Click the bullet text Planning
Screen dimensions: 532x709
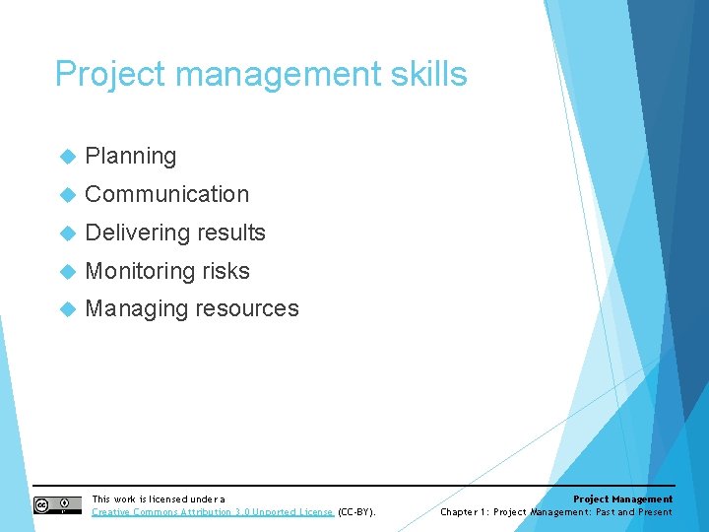coord(131,156)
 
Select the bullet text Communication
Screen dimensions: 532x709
coord(167,194)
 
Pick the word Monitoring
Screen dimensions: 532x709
coord(140,271)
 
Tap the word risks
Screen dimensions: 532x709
coord(226,271)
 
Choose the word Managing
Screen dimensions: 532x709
coord(136,308)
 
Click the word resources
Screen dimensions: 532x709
coord(246,308)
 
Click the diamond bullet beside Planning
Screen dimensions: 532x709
coord(67,157)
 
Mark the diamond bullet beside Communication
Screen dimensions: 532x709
coord(67,195)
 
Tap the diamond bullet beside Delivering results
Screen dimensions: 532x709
coord(67,233)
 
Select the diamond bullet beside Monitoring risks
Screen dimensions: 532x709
coord(67,272)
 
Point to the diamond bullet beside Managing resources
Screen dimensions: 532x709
coord(67,309)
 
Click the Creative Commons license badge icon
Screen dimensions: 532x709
coord(57,505)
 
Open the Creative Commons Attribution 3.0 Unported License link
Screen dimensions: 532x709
coord(213,512)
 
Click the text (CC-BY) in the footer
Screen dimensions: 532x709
coord(356,512)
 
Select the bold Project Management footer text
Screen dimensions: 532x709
coord(622,499)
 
